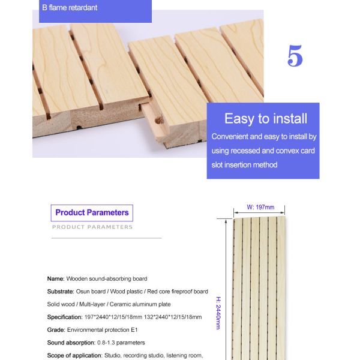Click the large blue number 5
coord(295,56)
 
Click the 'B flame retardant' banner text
coord(70,8)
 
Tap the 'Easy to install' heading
coord(265,118)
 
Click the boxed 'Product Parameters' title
coord(92,212)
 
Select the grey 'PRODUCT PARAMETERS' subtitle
coord(92,227)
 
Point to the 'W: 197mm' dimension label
coord(260,207)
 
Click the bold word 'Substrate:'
coord(61,291)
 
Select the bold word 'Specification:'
coord(65,317)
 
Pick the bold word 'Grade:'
coord(56,329)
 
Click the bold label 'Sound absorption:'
coord(71,343)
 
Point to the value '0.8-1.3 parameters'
coord(121,343)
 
